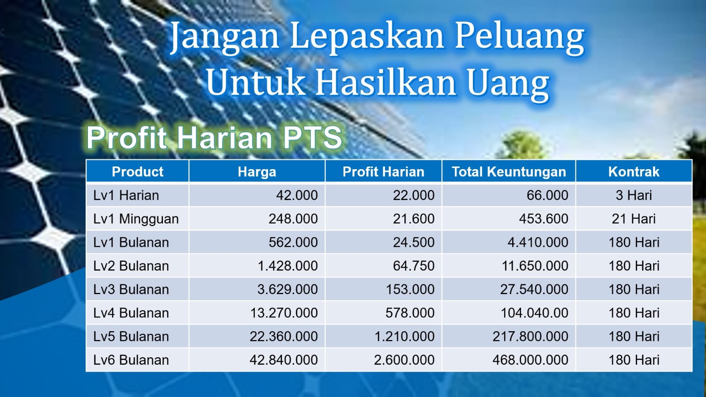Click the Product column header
click(137, 172)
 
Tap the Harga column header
click(257, 172)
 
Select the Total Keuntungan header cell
click(509, 172)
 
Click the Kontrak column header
click(634, 172)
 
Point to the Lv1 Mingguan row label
click(136, 219)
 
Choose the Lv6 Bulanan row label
click(131, 360)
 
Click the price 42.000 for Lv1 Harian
click(297, 195)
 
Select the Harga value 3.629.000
click(287, 289)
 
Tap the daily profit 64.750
click(414, 266)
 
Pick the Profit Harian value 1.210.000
click(404, 337)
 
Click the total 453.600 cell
click(544, 219)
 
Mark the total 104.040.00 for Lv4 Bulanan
click(535, 313)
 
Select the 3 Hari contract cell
click(634, 195)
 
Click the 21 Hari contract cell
click(634, 219)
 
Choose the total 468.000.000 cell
click(530, 360)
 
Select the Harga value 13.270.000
click(283, 313)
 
